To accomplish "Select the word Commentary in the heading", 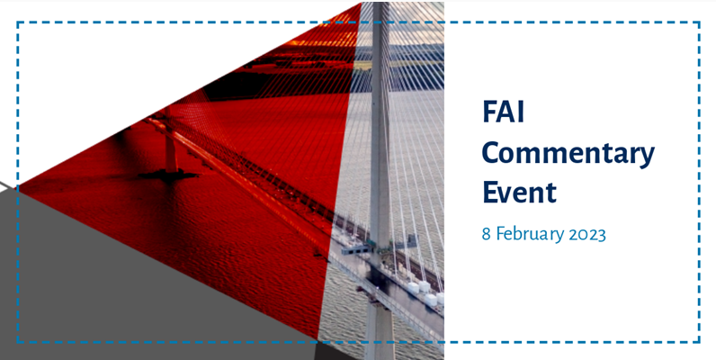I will [568, 154].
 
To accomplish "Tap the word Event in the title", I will [519, 193].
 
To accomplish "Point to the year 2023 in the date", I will [586, 234].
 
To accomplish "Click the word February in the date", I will [528, 234].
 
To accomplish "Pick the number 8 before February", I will [487, 234].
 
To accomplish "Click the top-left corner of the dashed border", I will [18, 23].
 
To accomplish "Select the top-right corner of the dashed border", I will [699, 23].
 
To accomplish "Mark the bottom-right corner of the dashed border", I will [699, 341].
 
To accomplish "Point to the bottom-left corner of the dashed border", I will [18, 341].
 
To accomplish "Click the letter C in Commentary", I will [492, 154].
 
